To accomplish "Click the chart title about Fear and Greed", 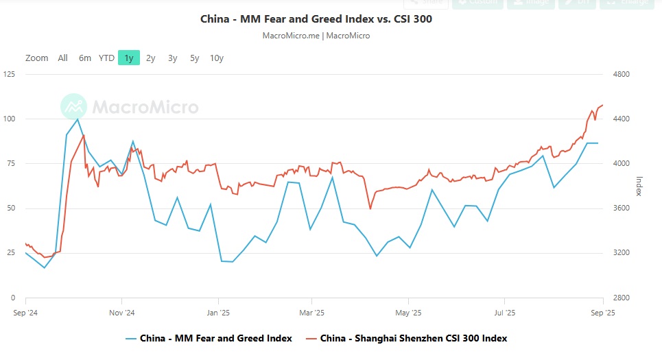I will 316,19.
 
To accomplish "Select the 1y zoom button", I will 129,58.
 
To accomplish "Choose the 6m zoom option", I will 84,58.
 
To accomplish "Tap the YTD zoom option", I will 106,58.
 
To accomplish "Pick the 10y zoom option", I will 217,58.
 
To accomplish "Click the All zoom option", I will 62,58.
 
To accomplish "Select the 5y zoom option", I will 195,58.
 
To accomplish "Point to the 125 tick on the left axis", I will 10,74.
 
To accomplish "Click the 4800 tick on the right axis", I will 620,74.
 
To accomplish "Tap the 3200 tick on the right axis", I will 620,253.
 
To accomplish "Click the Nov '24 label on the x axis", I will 121,313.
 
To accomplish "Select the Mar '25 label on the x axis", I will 312,313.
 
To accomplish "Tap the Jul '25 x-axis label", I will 504,313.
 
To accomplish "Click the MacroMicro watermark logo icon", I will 73,106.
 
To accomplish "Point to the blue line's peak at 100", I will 78,119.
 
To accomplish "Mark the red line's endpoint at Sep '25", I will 602,106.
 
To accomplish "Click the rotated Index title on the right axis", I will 639,186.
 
